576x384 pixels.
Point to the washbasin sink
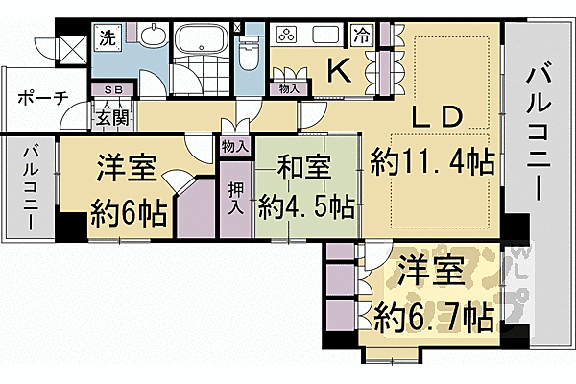[152, 38]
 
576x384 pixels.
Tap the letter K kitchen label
[339, 69]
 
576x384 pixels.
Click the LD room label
[439, 117]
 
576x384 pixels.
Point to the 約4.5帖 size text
[306, 206]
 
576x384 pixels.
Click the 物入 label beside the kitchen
[289, 89]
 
